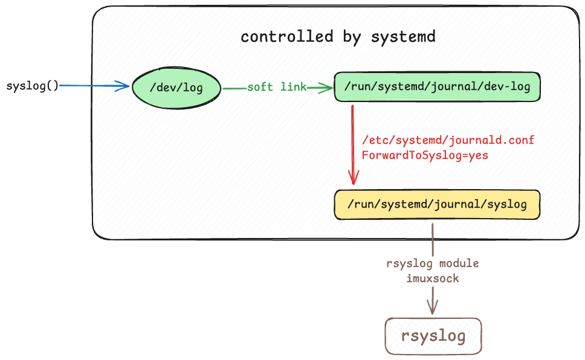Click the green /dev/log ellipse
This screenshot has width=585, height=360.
pyautogui.click(x=176, y=88)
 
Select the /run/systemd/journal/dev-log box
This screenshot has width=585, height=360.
pyautogui.click(x=437, y=86)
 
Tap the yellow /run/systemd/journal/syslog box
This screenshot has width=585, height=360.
pyautogui.click(x=436, y=205)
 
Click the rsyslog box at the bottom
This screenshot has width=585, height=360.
pyautogui.click(x=433, y=336)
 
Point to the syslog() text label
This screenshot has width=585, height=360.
pyautogui.click(x=32, y=85)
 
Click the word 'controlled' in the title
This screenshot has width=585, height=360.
pyautogui.click(x=278, y=37)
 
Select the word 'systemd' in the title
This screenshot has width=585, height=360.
pyautogui.click(x=403, y=37)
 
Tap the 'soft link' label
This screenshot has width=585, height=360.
pyautogui.click(x=276, y=87)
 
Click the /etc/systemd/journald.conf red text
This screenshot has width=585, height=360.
pyautogui.click(x=448, y=140)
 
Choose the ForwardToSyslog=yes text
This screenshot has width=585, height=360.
pyautogui.click(x=424, y=155)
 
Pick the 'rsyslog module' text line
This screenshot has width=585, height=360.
pyautogui.click(x=433, y=264)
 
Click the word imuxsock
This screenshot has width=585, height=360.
pyautogui.click(x=433, y=278)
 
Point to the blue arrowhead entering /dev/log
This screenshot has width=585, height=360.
pyautogui.click(x=124, y=86)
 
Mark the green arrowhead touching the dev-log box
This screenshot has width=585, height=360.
pyautogui.click(x=328, y=88)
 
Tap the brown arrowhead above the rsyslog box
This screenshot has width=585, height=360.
pyautogui.click(x=433, y=306)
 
